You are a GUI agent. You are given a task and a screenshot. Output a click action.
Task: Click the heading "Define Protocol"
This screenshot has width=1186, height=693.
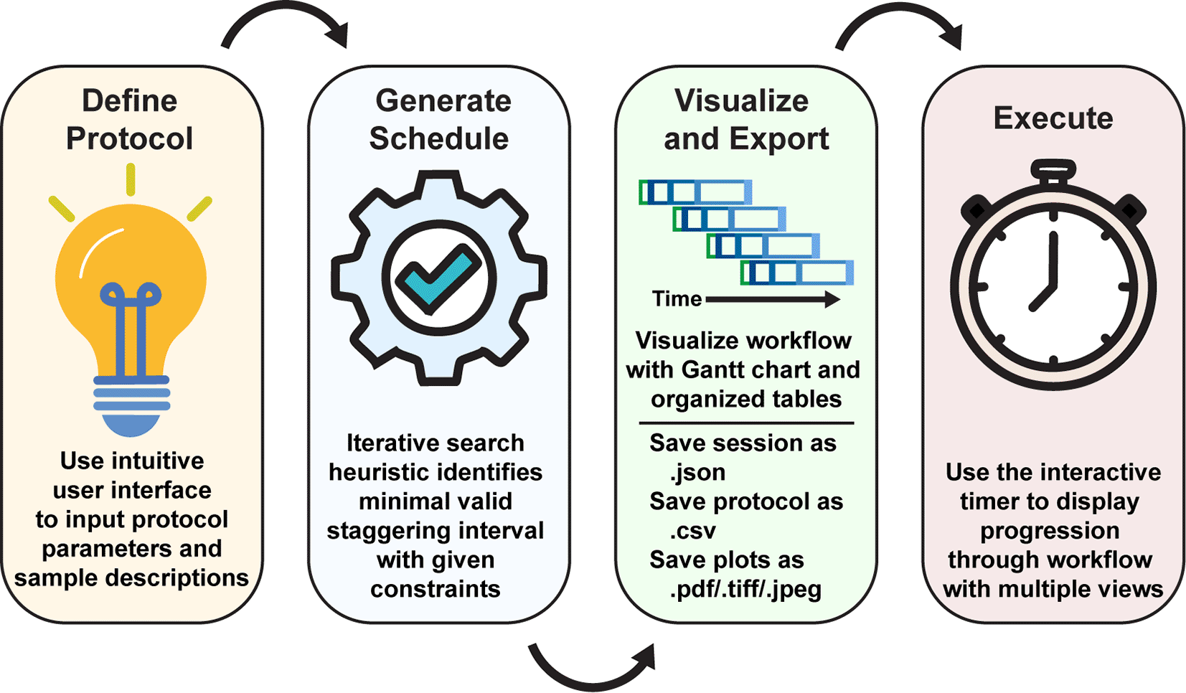click(130, 120)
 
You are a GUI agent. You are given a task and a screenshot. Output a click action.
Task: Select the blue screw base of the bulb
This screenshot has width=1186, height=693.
click(132, 402)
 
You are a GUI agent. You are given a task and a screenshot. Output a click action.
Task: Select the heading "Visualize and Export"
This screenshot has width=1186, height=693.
click(745, 120)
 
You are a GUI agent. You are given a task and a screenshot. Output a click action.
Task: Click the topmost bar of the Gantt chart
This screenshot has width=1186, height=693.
click(695, 192)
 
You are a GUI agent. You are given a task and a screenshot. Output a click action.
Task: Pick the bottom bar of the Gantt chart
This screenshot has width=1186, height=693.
click(797, 273)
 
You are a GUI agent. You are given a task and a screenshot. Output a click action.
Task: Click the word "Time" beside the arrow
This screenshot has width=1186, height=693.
click(677, 298)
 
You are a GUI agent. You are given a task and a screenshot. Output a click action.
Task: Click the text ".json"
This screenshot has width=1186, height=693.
click(697, 473)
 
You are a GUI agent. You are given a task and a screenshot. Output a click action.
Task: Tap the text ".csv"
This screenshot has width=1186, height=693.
click(692, 531)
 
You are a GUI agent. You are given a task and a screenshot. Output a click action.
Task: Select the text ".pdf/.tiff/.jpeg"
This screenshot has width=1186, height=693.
click(745, 590)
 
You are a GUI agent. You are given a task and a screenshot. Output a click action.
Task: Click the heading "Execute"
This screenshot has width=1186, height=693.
click(1053, 118)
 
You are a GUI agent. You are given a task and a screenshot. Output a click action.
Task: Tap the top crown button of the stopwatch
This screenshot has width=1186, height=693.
click(1053, 171)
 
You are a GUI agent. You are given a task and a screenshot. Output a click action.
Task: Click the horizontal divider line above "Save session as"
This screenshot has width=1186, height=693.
click(746, 423)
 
